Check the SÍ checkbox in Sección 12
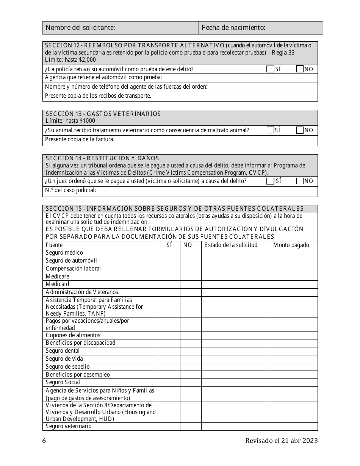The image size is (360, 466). coord(270,69)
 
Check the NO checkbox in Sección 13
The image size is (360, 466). coord(300,130)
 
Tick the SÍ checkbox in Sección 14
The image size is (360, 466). coord(270,181)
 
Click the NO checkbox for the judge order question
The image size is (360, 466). coord(300,181)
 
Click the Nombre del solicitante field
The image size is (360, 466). coord(121,28)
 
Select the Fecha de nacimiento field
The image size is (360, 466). coord(261,28)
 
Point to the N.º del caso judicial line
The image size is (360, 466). coord(180,191)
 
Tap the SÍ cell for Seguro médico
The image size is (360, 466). coord(169,253)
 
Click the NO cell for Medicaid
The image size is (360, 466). coord(190,285)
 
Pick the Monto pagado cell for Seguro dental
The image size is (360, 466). coord(294,351)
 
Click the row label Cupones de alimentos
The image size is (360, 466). coord(73,335)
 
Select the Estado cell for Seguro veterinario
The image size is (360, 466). coord(235,427)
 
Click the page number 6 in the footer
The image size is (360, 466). coord(44,441)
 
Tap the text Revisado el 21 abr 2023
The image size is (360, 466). coord(281,441)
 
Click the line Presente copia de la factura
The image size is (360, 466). coord(80,139)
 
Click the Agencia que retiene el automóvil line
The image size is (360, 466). coord(103,77)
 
